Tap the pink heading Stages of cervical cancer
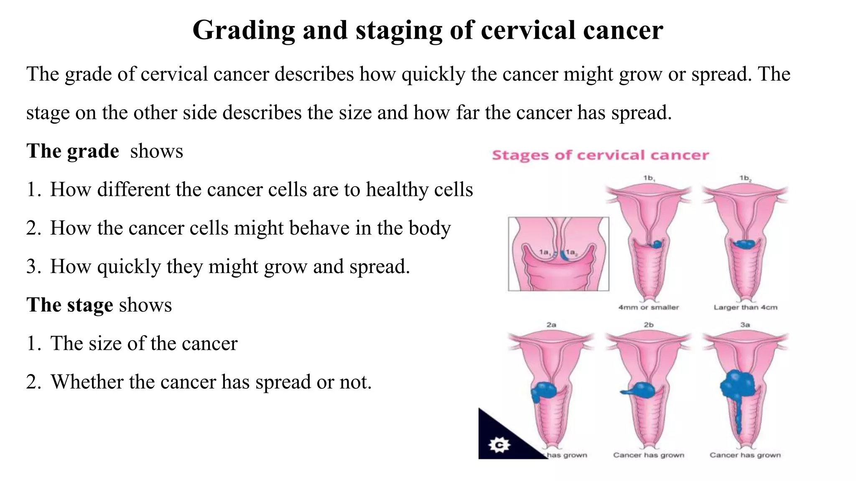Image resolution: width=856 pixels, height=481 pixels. click(x=600, y=155)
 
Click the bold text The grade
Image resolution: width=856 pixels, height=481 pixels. click(x=73, y=151)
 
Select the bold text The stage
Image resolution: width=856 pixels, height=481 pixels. click(x=69, y=305)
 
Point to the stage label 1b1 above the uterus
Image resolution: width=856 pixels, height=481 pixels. click(x=649, y=178)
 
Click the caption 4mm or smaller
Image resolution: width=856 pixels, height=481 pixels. click(x=649, y=307)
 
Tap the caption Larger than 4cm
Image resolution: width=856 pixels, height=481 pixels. click(x=745, y=307)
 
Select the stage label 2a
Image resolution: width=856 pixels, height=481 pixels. click(x=551, y=324)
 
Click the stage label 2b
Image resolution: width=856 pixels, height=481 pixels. click(x=649, y=324)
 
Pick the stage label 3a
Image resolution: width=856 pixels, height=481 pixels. click(x=745, y=324)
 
